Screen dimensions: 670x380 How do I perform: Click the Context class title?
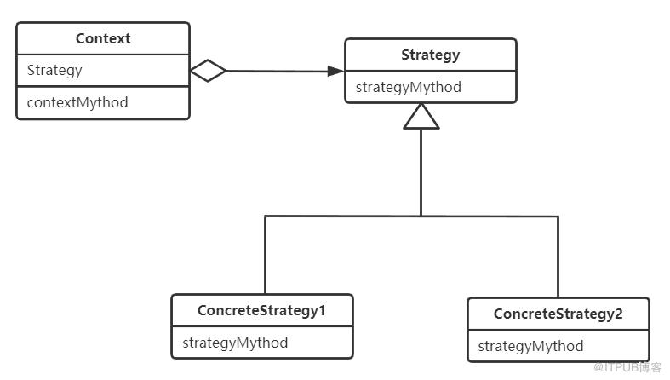[x=103, y=38]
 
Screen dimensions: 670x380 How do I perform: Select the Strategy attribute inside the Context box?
[x=54, y=71]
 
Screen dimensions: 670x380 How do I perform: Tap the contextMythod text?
[x=77, y=102]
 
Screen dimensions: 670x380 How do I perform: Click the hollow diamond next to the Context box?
[x=208, y=71]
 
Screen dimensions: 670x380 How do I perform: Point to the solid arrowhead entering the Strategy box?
[x=335, y=71]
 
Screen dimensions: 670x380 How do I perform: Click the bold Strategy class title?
[x=430, y=55]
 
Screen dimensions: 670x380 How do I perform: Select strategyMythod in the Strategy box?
[x=409, y=88]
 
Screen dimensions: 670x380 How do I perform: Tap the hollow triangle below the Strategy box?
[x=421, y=116]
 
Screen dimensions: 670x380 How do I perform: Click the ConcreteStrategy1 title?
[x=261, y=311]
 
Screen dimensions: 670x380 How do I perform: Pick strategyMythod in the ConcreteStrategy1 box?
[x=235, y=343]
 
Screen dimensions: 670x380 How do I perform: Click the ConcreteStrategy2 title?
[x=558, y=314]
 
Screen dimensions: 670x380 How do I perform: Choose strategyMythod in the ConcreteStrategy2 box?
[x=530, y=346]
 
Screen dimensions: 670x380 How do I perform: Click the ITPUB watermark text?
[x=627, y=367]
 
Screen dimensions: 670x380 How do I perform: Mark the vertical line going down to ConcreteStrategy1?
[x=266, y=255]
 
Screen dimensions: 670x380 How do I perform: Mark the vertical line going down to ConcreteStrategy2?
[x=558, y=257]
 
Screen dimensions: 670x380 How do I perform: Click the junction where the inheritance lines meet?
[x=421, y=216]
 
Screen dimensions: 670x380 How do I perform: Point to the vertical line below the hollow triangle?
[x=421, y=172]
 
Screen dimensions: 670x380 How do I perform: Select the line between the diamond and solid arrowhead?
[x=277, y=71]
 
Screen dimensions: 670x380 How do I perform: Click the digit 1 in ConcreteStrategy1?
[x=322, y=310]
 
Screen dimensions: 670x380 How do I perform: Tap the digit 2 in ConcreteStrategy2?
[x=618, y=314]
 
